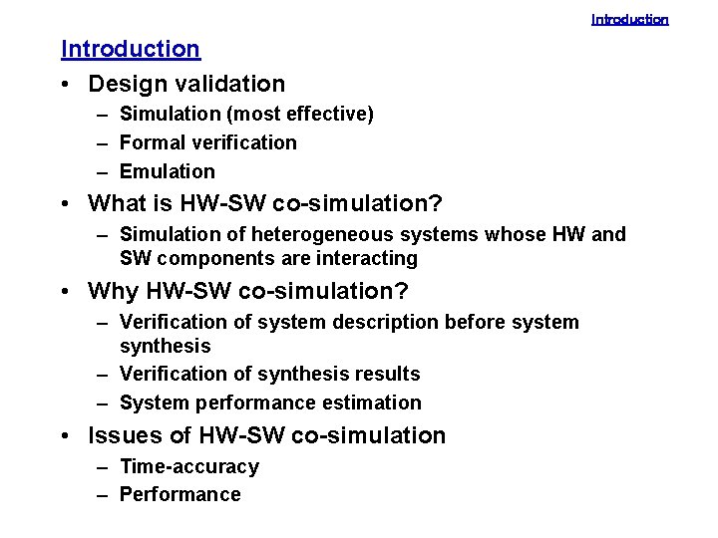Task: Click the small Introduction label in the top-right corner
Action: point(629,19)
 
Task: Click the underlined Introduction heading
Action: point(131,48)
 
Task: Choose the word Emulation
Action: point(167,171)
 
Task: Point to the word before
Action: point(473,322)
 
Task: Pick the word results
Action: point(386,375)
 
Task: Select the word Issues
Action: point(124,435)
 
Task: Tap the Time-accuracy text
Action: point(188,466)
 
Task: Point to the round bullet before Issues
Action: point(65,436)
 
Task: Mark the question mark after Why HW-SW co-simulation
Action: point(403,291)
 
